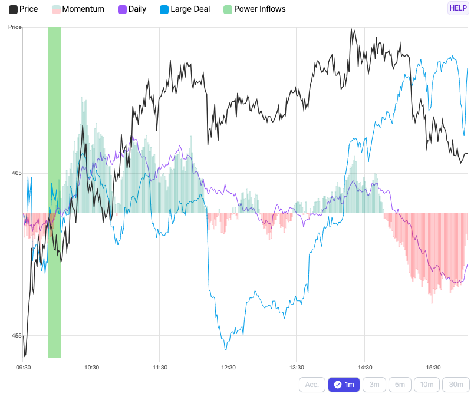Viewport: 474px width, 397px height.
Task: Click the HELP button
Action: tap(458, 8)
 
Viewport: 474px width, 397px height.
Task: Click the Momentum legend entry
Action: tap(78, 9)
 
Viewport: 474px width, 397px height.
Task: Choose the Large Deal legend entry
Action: tap(185, 9)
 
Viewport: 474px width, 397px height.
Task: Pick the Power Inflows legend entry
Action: tap(254, 9)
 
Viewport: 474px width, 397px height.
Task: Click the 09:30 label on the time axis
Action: tap(23, 367)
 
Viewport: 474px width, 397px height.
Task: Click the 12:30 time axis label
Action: tap(228, 367)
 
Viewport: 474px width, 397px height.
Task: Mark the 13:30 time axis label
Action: tap(297, 367)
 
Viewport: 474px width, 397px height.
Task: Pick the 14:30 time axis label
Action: tap(365, 367)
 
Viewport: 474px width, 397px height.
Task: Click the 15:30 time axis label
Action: tap(433, 367)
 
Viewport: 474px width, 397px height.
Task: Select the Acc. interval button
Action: tap(312, 385)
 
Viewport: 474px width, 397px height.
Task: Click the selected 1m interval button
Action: tap(344, 385)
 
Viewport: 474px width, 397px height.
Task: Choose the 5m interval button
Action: tap(400, 385)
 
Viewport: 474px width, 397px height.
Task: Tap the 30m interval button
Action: tap(456, 385)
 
